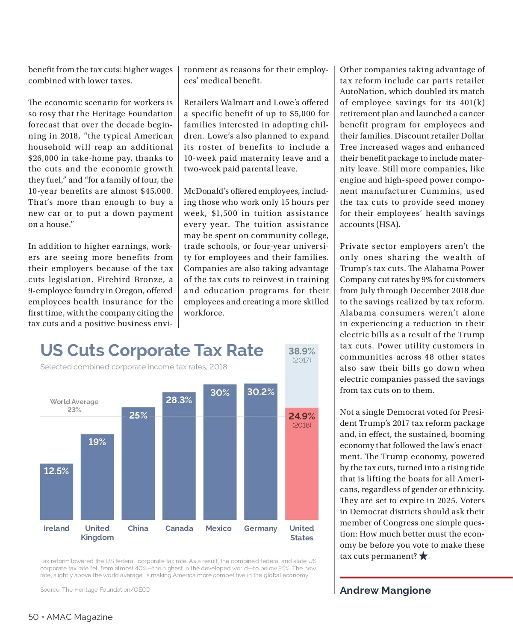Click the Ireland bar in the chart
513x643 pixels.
click(56, 492)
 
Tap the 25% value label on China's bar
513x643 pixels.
click(138, 416)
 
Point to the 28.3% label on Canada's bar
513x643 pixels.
click(179, 400)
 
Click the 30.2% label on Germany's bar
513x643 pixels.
click(260, 392)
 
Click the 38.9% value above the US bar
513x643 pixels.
click(301, 351)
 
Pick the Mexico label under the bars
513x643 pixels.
click(218, 528)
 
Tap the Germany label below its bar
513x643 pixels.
click(260, 528)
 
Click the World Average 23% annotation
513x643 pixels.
click(74, 405)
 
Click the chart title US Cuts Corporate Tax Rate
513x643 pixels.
click(152, 351)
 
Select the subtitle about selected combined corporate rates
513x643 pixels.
click(133, 367)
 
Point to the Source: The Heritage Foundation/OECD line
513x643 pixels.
click(95, 590)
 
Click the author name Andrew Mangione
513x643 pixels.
click(385, 590)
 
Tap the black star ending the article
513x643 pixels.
click(423, 556)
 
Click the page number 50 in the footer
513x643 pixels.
click(33, 617)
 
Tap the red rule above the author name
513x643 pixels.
click(426, 578)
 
